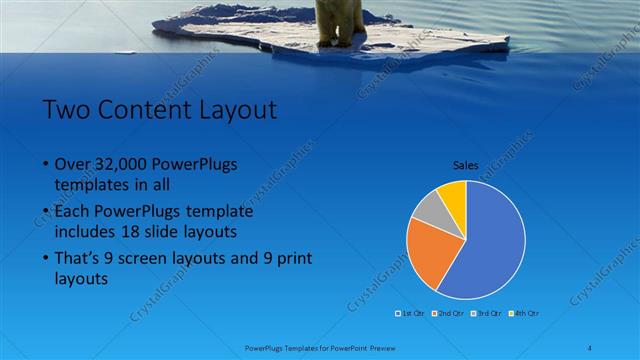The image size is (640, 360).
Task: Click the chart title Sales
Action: click(466, 167)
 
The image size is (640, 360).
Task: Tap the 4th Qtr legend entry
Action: click(526, 314)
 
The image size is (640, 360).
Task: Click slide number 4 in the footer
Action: click(590, 347)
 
